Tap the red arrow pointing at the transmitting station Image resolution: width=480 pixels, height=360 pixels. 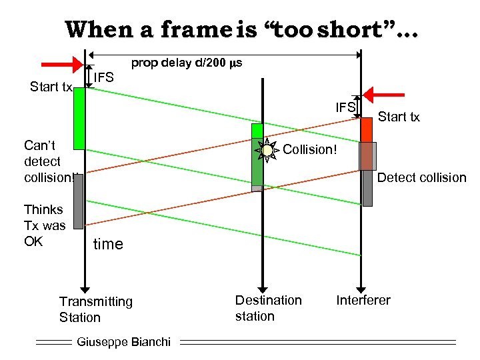(63, 65)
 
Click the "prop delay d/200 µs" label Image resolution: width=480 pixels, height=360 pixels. (187, 63)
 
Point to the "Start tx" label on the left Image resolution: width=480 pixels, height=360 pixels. (51, 87)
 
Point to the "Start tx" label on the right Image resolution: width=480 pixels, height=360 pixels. (399, 117)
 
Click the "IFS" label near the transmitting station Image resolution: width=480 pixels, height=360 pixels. (103, 78)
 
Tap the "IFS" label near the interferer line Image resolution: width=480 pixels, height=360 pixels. (345, 107)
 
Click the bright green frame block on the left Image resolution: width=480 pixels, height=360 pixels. (79, 119)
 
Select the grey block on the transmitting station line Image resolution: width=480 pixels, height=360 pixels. (78, 201)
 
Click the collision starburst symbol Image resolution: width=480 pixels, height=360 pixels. (267, 151)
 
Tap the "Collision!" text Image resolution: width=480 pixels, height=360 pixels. (310, 149)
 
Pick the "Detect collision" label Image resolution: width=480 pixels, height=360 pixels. (421, 177)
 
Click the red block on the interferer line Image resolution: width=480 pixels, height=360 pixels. (366, 129)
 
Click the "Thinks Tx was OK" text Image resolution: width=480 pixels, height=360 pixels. (44, 225)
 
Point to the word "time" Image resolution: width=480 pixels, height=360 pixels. (108, 244)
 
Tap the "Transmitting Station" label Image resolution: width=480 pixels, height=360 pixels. (95, 309)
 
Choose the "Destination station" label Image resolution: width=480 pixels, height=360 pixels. (268, 308)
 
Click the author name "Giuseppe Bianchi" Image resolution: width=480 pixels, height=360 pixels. (124, 342)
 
